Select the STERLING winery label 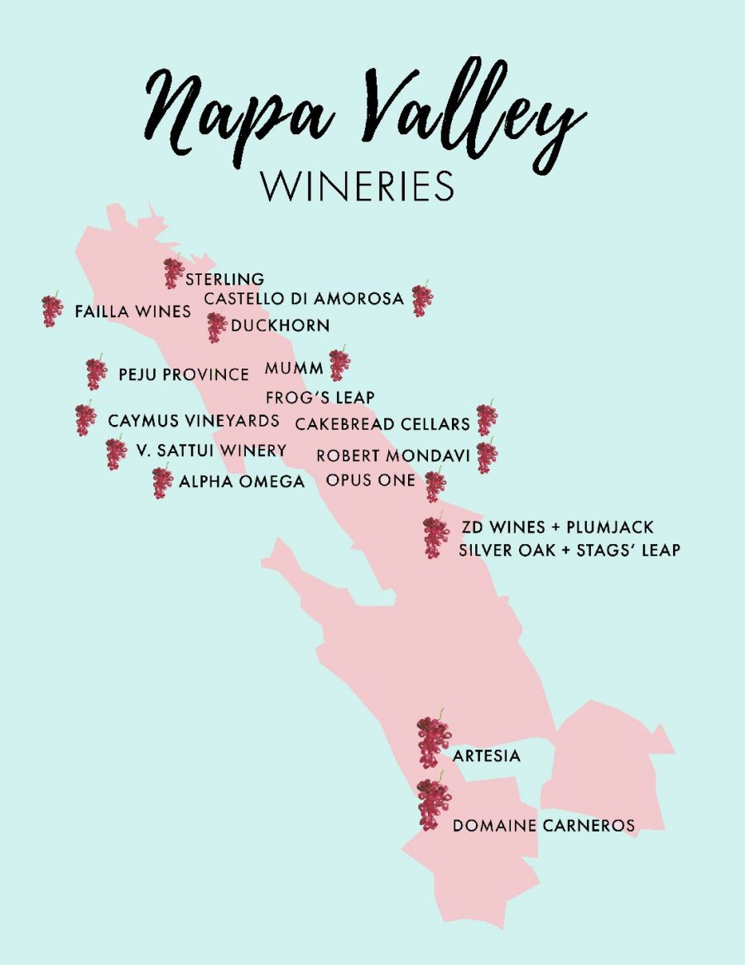click(224, 279)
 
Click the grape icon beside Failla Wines click(52, 311)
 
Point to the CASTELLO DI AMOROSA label click(304, 298)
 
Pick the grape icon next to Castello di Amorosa click(422, 300)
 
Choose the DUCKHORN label click(280, 326)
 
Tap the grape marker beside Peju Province click(96, 374)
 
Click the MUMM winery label click(294, 368)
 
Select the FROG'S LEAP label click(320, 398)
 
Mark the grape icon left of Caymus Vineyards click(85, 418)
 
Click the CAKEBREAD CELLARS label click(382, 424)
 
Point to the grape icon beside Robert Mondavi click(487, 456)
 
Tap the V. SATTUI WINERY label click(211, 451)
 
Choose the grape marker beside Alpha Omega click(162, 482)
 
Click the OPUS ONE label click(371, 480)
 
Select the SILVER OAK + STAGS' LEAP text click(570, 550)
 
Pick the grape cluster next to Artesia click(433, 741)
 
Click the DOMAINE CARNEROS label click(544, 826)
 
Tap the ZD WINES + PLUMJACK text click(557, 527)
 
